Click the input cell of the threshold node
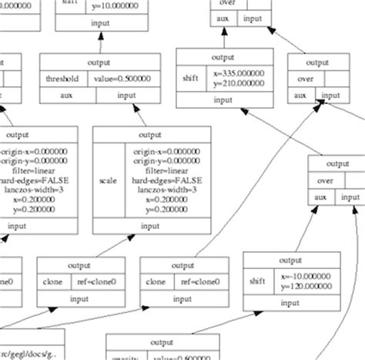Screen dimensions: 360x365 click(x=124, y=95)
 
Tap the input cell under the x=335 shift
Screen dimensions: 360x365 click(x=223, y=100)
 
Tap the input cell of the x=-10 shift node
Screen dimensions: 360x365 click(x=290, y=303)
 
